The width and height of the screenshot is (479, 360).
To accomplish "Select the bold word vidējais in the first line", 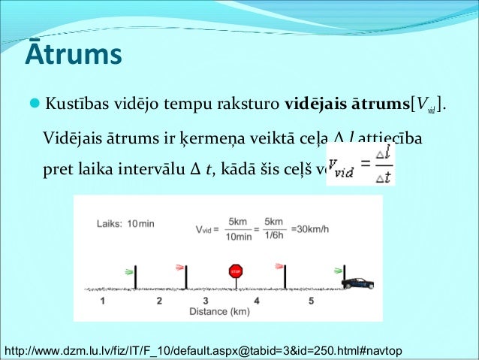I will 318,102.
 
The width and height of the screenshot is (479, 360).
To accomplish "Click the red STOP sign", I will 236,271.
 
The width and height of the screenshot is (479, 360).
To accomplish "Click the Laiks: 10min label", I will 126,223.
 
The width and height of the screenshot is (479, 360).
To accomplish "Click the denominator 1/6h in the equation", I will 275,235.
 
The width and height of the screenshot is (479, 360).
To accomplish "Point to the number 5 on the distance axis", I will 311,301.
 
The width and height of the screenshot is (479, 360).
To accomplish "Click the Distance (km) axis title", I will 220,310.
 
